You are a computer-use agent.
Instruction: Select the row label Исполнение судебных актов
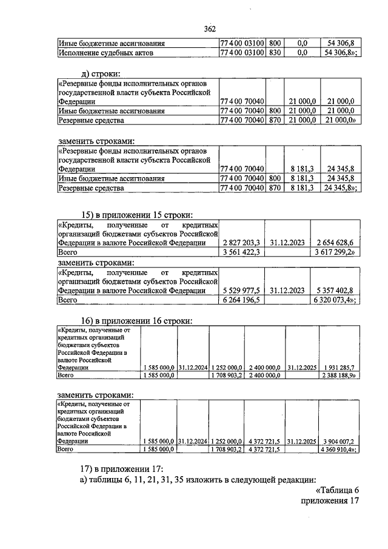click(x=105, y=53)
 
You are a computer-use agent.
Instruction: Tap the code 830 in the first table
click(x=274, y=53)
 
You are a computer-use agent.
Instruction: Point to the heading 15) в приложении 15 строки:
click(x=138, y=214)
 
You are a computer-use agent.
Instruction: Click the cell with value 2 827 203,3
click(x=241, y=242)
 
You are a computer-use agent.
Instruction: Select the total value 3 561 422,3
click(x=241, y=251)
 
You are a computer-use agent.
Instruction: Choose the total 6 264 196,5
click(x=241, y=299)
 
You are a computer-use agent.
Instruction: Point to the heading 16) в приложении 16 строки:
click(x=138, y=320)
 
